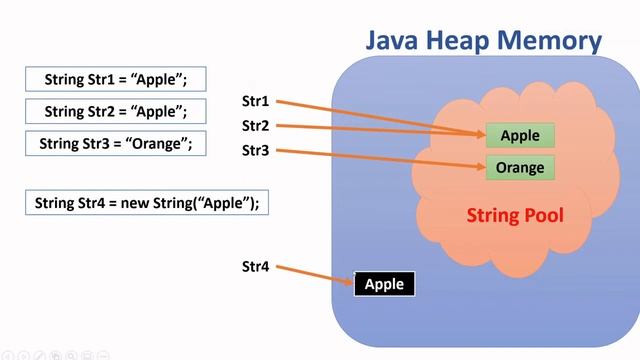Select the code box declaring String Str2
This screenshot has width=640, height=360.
click(x=116, y=111)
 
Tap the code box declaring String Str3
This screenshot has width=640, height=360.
click(x=116, y=142)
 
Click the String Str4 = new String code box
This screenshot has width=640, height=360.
click(x=147, y=203)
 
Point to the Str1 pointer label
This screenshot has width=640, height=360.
click(x=256, y=101)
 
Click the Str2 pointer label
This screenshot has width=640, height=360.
click(x=256, y=126)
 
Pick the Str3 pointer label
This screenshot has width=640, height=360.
click(x=256, y=150)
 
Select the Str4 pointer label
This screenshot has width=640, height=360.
click(x=256, y=267)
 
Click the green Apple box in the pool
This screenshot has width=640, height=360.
click(x=520, y=136)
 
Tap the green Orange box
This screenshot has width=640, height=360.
click(x=520, y=167)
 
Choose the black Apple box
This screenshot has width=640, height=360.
click(x=384, y=284)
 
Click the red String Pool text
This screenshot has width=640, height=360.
click(x=515, y=216)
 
